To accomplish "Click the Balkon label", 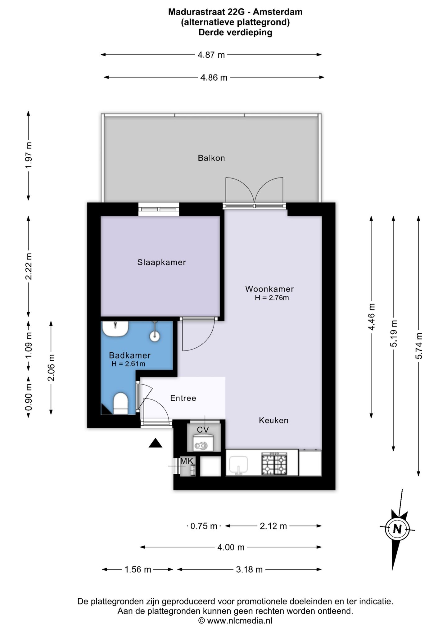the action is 211,158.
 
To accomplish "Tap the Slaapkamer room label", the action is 161,262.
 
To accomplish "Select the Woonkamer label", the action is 269,289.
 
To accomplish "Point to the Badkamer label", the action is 130,355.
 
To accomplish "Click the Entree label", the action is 183,398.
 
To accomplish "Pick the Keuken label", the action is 273,420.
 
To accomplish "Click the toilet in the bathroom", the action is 120,403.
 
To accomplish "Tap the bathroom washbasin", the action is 115,329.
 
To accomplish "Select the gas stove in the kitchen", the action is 274,464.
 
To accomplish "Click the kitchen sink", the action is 238,465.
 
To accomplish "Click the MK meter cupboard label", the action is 187,461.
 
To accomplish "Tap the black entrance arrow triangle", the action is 155,443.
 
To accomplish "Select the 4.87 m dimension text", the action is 211,55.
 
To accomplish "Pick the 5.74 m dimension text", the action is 419,346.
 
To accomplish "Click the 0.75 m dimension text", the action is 204,526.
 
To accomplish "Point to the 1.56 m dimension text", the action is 138,570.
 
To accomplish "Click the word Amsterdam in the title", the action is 278,12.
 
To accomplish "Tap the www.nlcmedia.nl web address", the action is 239,621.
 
